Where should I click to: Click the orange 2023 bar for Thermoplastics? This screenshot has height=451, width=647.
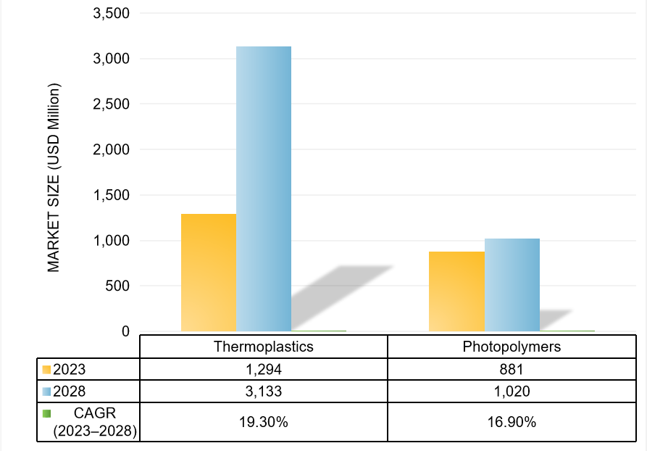coord(209,273)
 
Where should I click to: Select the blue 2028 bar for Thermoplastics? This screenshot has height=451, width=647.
coord(264,189)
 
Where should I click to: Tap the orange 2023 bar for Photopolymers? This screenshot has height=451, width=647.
coord(456,291)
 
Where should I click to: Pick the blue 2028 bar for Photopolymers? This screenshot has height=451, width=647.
coord(512,285)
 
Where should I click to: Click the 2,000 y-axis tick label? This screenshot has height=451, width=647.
coord(111,149)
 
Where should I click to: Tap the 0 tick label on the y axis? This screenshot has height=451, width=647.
coord(125,331)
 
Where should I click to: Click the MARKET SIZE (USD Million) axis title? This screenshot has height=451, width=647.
coord(54,178)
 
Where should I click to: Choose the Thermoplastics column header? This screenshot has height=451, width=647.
coord(264,347)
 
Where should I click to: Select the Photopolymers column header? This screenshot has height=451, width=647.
coord(512,347)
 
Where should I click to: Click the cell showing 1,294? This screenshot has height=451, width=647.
coord(264,369)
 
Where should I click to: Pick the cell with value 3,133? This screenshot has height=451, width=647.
coord(264,392)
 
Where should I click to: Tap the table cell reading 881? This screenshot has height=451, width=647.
coord(512,369)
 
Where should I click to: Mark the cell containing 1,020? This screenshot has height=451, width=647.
coord(512,392)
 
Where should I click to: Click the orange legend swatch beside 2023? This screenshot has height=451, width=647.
coord(46,369)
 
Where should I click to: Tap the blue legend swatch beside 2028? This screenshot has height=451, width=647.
coord(46,392)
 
